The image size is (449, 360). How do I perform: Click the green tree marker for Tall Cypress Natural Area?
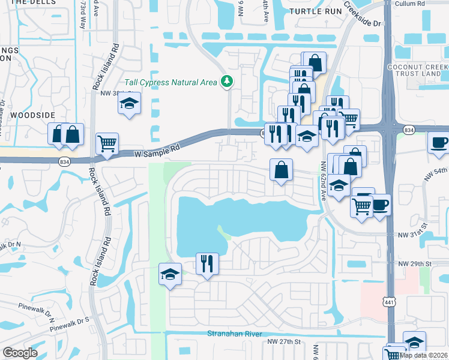[227, 81]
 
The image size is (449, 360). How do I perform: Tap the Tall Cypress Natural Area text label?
[170, 82]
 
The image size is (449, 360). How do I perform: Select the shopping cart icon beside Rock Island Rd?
[107, 143]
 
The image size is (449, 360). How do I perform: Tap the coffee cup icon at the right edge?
[438, 143]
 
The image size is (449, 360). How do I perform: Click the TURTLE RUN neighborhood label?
[310, 11]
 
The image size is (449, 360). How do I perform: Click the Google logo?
[20, 353]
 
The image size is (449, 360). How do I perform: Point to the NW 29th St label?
[415, 263]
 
